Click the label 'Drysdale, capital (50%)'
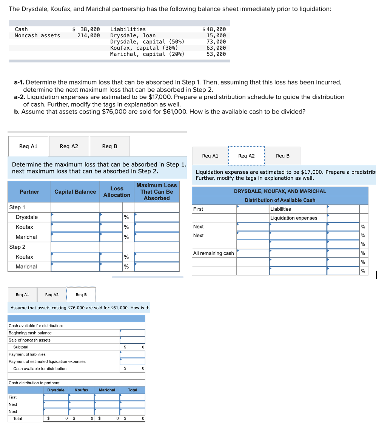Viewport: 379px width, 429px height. tap(147, 41)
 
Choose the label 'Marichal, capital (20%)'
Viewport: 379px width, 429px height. tap(147, 54)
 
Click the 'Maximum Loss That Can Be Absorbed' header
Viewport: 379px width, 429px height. tap(156, 192)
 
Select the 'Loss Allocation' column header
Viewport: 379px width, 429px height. tap(117, 192)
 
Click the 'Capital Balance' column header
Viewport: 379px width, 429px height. tap(75, 192)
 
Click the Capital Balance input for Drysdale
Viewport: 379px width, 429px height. tap(75, 217)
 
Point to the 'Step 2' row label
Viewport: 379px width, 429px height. tap(17, 247)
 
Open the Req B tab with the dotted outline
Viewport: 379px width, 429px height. tap(81, 294)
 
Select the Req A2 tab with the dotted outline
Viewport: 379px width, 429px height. tap(247, 156)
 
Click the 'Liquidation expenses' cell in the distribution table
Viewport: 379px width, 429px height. tap(294, 218)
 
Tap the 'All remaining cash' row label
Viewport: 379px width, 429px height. tap(213, 253)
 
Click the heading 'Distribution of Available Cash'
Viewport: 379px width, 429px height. tap(280, 200)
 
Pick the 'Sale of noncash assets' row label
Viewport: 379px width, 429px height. tap(29, 340)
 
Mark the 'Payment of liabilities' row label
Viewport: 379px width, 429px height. tap(27, 354)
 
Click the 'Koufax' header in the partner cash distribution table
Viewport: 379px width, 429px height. tap(82, 390)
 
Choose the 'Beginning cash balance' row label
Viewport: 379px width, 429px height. tap(30, 333)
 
